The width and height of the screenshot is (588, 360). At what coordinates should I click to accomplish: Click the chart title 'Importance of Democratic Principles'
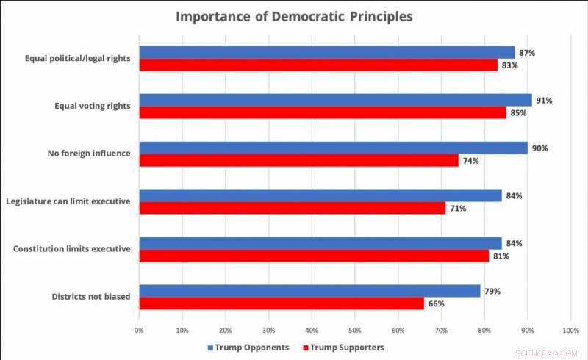[x=294, y=16]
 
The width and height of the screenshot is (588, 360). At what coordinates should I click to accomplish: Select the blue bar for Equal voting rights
[x=335, y=100]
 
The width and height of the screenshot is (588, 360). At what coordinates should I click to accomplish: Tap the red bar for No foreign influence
[x=298, y=160]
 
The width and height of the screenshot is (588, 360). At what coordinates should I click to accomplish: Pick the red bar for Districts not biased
[x=282, y=303]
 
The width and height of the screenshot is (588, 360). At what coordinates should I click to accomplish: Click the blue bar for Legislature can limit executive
[x=320, y=195]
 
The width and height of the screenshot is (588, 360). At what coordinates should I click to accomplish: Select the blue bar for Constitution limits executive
[x=320, y=243]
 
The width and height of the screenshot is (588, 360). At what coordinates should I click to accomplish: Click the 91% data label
[x=544, y=100]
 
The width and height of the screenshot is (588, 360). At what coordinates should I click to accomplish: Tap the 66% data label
[x=436, y=303]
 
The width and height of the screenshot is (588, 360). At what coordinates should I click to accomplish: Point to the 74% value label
[x=470, y=160]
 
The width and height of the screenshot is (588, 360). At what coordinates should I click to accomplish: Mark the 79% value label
[x=492, y=291]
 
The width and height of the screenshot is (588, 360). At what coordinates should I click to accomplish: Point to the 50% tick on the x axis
[x=355, y=331]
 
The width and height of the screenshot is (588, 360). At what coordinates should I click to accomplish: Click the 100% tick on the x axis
[x=570, y=331]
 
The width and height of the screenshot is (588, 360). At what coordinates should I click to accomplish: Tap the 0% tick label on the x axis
[x=139, y=331]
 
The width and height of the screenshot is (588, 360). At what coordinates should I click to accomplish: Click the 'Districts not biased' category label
[x=90, y=297]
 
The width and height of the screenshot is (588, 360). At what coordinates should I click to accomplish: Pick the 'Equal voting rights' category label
[x=93, y=106]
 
